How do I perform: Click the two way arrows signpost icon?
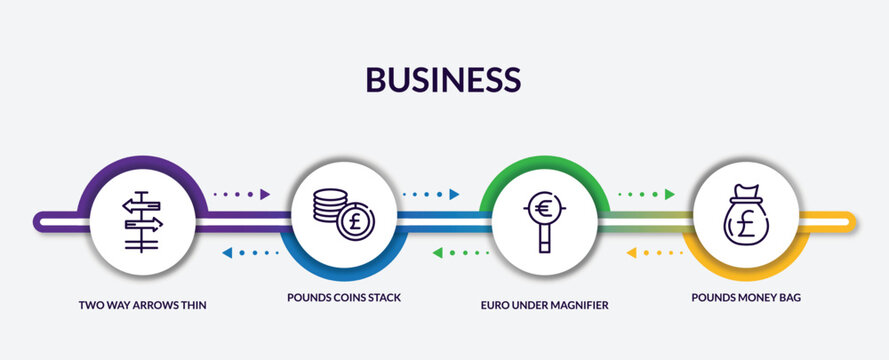pos(141,220)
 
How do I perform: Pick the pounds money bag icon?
pos(745,217)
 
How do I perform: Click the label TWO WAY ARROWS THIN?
pos(143,304)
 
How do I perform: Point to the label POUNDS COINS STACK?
pos(344,298)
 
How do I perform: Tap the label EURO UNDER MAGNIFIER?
pos(545,304)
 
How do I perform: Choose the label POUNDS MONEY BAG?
pos(745,298)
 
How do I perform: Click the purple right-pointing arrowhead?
pos(265,194)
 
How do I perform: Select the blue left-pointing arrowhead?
pos(226,253)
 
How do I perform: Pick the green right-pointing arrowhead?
pos(669,194)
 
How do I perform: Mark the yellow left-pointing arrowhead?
pos(631,253)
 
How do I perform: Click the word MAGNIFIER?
pos(579,304)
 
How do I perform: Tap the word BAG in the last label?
pos(791,298)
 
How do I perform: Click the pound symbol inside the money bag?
pos(745,223)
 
